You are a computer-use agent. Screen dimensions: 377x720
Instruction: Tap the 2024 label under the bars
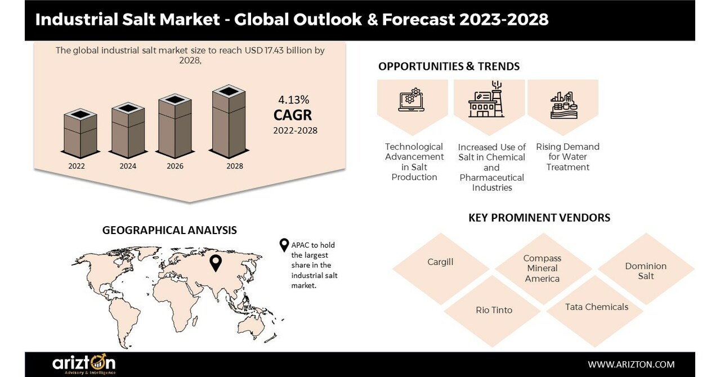click(128, 167)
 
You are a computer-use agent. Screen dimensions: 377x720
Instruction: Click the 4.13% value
click(293, 100)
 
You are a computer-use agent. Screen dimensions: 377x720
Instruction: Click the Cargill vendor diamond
click(440, 262)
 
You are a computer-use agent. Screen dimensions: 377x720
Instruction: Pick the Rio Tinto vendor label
click(494, 310)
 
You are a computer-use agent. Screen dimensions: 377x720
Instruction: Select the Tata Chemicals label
click(597, 307)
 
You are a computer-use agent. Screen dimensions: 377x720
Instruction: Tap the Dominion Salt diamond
click(646, 271)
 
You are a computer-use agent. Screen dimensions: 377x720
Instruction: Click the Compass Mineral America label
click(542, 268)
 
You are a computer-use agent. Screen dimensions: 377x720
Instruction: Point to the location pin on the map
click(215, 263)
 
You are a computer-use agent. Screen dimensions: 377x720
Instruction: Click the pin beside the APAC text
click(284, 246)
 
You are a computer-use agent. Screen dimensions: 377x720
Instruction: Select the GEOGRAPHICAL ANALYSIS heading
click(169, 230)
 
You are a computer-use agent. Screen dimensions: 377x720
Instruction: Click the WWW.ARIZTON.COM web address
click(631, 364)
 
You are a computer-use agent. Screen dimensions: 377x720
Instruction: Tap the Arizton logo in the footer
click(84, 365)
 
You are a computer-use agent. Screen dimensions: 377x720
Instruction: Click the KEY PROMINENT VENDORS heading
click(539, 217)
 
